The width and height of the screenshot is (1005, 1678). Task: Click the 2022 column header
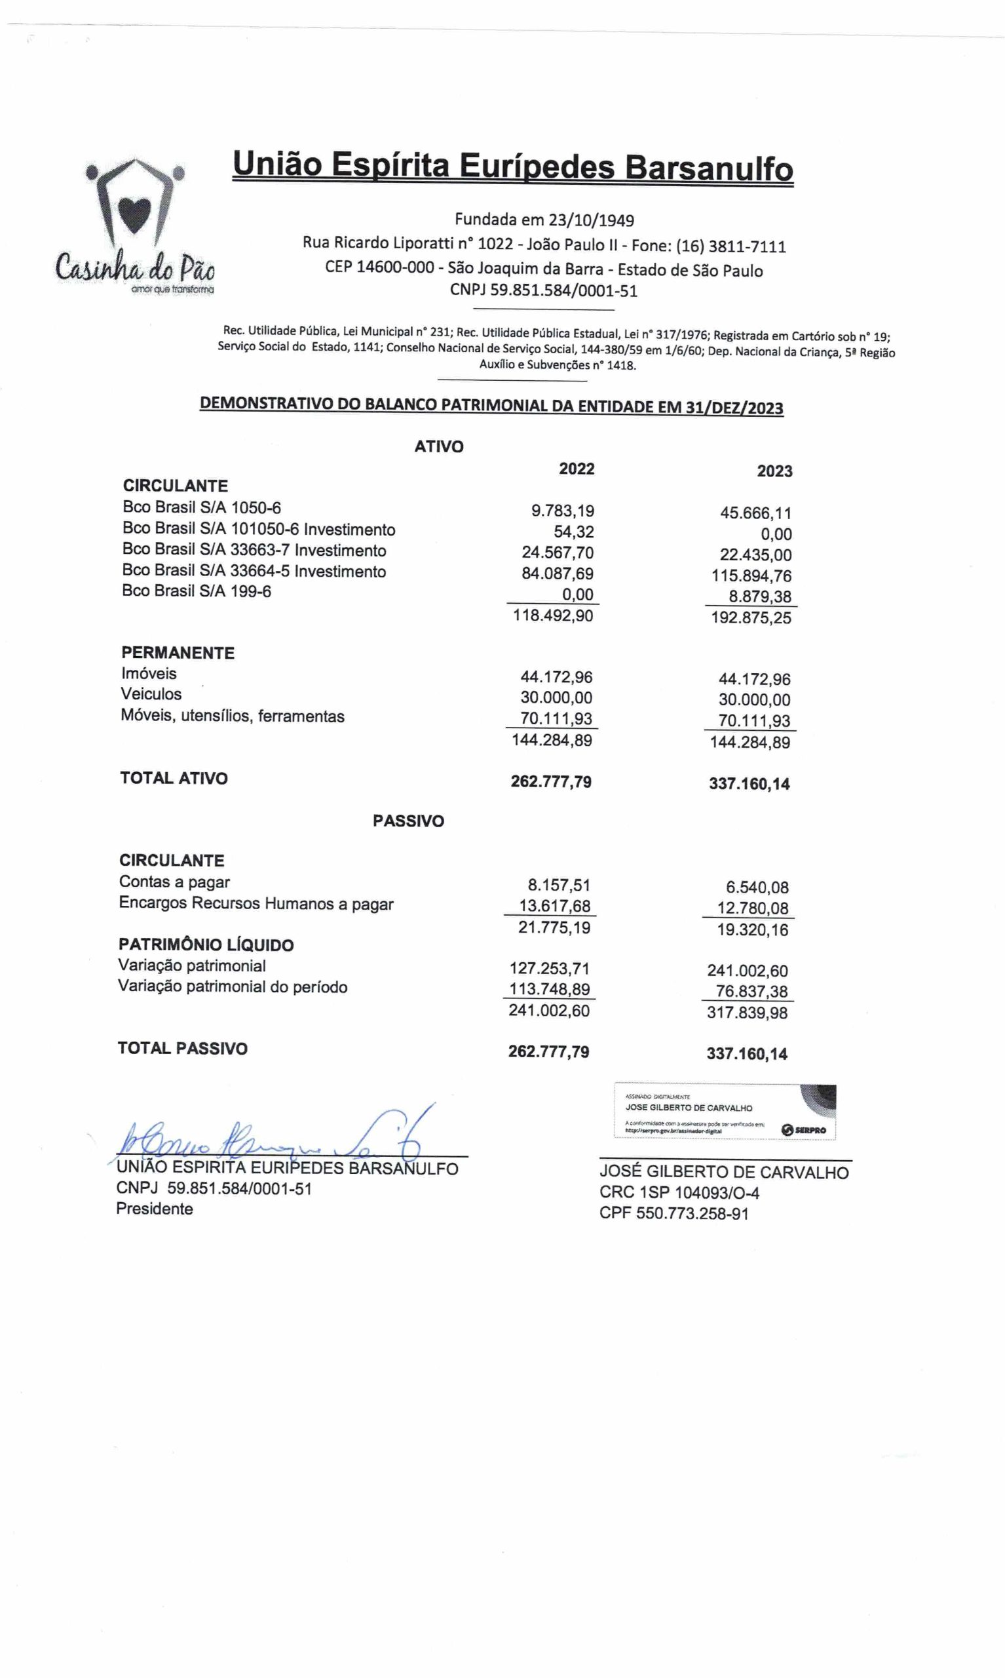[x=577, y=469]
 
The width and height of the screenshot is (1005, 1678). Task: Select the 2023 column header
[x=774, y=471]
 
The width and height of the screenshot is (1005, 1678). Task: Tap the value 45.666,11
[x=755, y=513]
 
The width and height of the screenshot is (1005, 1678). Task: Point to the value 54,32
[x=573, y=532]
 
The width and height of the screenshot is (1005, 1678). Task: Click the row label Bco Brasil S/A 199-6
[x=197, y=591]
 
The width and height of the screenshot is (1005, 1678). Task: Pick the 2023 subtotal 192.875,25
[x=750, y=618]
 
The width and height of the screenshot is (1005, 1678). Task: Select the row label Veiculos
[x=151, y=693]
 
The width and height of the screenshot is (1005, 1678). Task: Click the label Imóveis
[x=149, y=673]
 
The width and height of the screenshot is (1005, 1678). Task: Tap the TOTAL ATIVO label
[x=174, y=777]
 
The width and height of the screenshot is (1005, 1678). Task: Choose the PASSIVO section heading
[x=408, y=821]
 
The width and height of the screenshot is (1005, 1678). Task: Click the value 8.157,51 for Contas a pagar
[x=559, y=885]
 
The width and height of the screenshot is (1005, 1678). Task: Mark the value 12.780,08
[x=752, y=908]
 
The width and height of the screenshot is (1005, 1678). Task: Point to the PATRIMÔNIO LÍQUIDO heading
[x=206, y=945]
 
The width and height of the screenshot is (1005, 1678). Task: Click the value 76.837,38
[x=751, y=991]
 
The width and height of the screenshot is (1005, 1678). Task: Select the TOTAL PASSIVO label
[x=183, y=1048]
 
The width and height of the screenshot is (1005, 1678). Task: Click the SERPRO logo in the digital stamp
[x=804, y=1130]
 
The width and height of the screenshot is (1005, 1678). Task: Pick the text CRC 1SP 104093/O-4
[x=679, y=1192]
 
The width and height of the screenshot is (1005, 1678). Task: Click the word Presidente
[x=155, y=1209]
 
